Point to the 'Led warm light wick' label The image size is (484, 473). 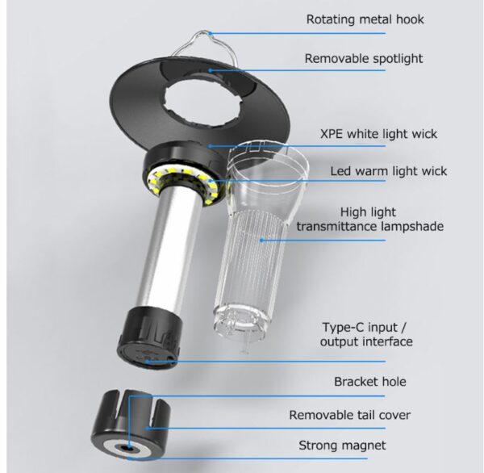377,171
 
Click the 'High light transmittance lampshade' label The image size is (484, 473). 369,218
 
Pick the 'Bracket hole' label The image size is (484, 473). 371,382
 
